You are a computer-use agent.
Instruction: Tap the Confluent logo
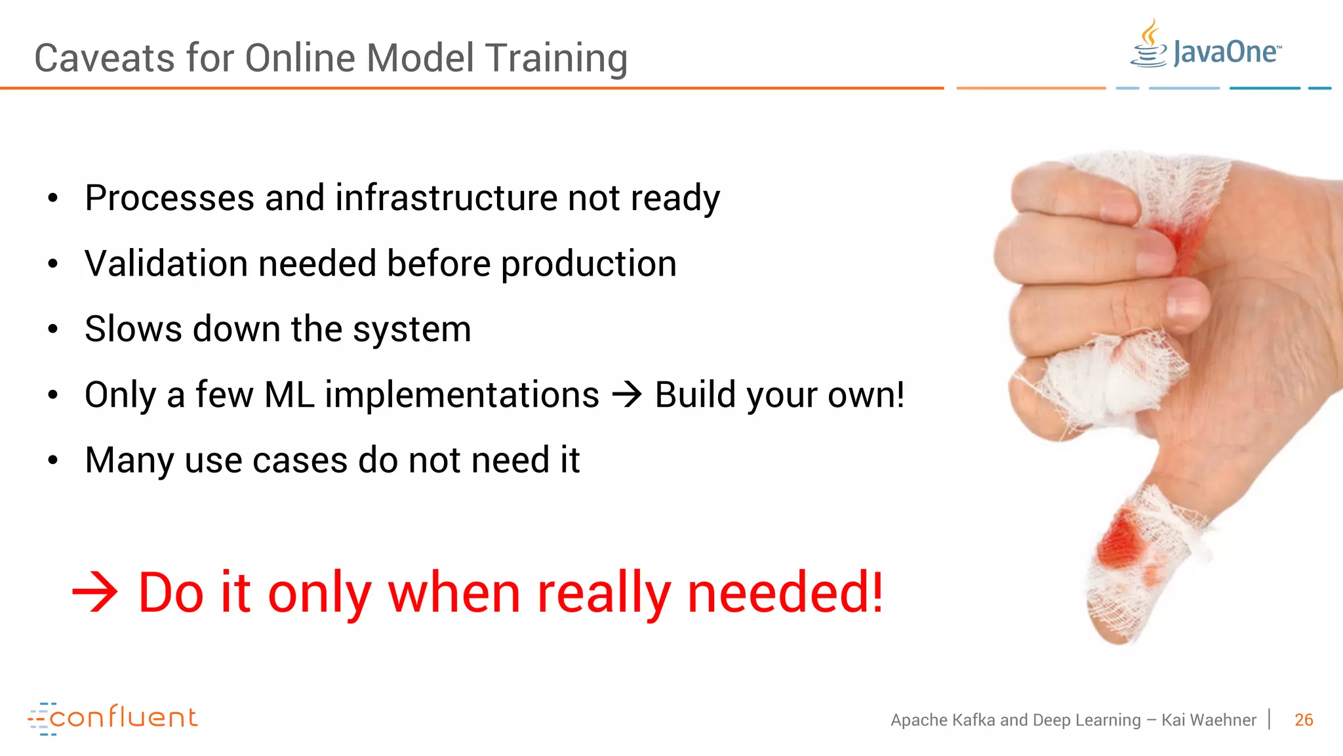coord(113,718)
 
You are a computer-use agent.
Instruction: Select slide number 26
coord(1304,720)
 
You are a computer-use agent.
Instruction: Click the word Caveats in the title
coord(105,58)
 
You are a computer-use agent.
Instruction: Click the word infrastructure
coord(446,198)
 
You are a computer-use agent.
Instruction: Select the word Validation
coord(166,263)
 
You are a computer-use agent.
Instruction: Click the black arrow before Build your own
coord(627,394)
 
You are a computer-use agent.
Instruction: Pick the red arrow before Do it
coord(95,593)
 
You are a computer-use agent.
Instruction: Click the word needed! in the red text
coord(785,593)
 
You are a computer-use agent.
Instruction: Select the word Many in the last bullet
coord(129,460)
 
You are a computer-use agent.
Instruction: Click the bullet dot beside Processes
coord(53,198)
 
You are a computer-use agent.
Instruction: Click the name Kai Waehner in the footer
coord(1209,720)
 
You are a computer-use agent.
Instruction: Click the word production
coord(588,264)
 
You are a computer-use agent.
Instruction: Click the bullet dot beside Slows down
coord(53,329)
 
